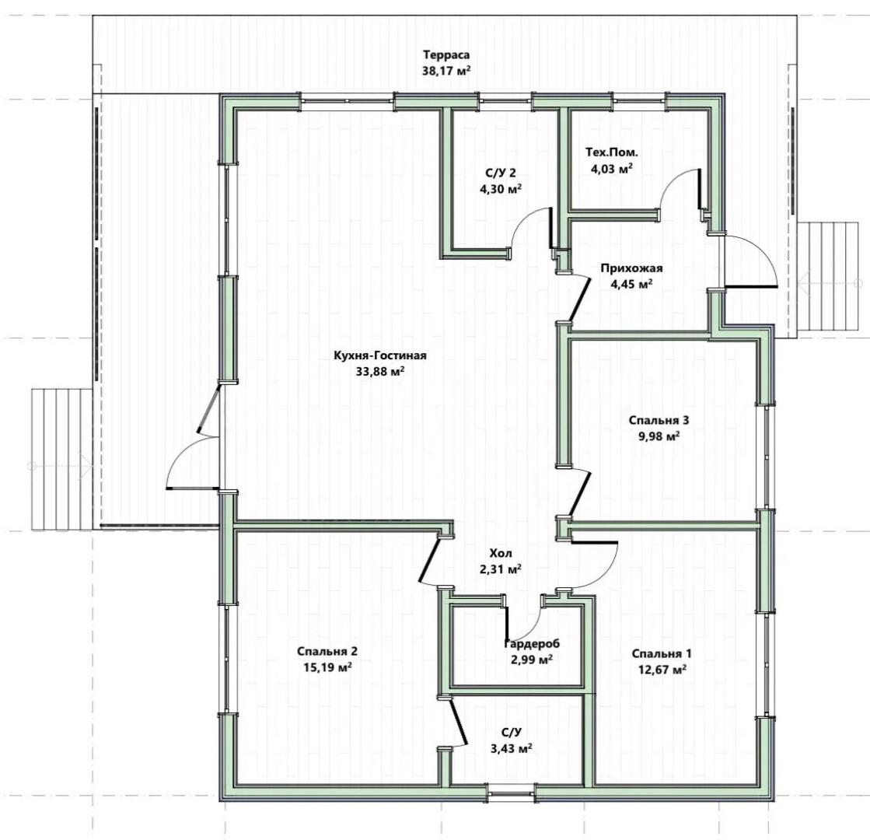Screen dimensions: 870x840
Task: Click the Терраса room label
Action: [446, 55]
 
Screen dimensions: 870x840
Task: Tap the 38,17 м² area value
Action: [446, 71]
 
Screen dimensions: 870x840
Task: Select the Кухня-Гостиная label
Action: [380, 355]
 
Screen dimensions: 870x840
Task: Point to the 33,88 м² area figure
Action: [380, 372]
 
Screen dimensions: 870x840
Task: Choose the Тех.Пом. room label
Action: [611, 152]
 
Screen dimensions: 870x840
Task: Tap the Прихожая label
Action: [631, 268]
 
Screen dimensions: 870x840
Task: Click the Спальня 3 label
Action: [659, 420]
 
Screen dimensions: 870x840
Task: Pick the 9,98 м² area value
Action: [659, 436]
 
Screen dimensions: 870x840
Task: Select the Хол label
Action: [501, 554]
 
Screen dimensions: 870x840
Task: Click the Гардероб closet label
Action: [532, 644]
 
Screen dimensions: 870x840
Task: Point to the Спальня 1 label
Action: [662, 653]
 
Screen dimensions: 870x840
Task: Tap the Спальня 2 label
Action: [327, 651]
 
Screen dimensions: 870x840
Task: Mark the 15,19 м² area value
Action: [327, 667]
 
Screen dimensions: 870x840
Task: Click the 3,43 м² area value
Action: [511, 748]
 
